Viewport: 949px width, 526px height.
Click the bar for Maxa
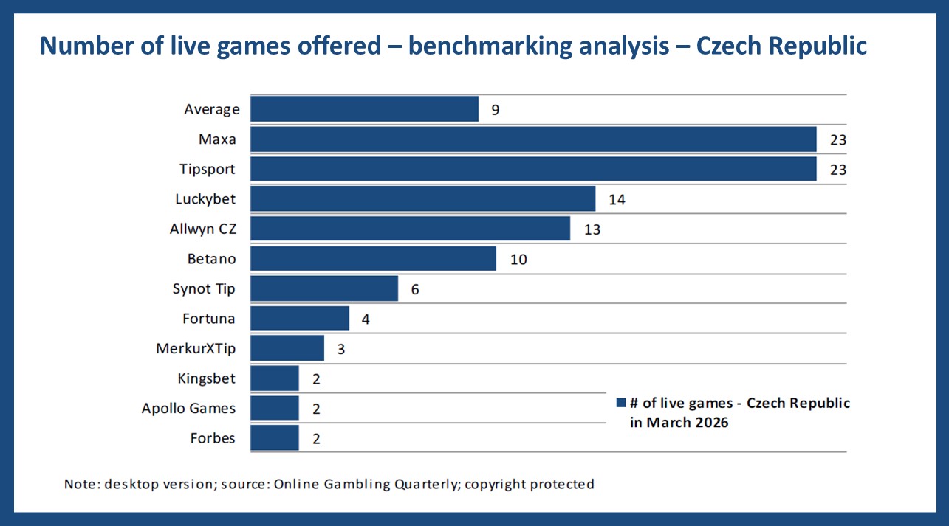tap(533, 139)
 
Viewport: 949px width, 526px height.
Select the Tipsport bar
tap(533, 169)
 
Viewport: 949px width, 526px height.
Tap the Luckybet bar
tap(422, 199)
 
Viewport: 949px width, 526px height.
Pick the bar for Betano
tap(373, 259)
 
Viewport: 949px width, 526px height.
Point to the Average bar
tap(364, 109)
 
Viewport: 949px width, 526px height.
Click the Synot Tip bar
tap(324, 289)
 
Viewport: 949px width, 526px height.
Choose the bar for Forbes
tap(275, 438)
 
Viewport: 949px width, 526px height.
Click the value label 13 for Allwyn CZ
tap(592, 229)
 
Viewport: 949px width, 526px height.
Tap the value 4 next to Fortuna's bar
tap(366, 319)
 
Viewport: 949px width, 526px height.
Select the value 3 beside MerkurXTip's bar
tap(340, 349)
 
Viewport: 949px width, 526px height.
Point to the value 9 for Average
tap(495, 110)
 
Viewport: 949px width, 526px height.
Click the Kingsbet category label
tap(207, 378)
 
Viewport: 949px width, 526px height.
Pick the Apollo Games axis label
tap(189, 408)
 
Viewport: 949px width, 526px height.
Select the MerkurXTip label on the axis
tap(196, 348)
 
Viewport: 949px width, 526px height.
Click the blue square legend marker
tap(621, 404)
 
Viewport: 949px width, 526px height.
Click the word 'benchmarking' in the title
tap(492, 46)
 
